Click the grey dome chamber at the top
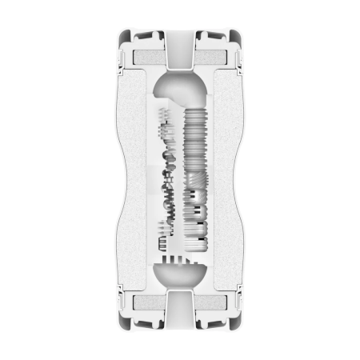(x=180, y=88)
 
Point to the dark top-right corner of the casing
(x=237, y=38)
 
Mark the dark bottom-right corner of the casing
(x=237, y=324)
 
